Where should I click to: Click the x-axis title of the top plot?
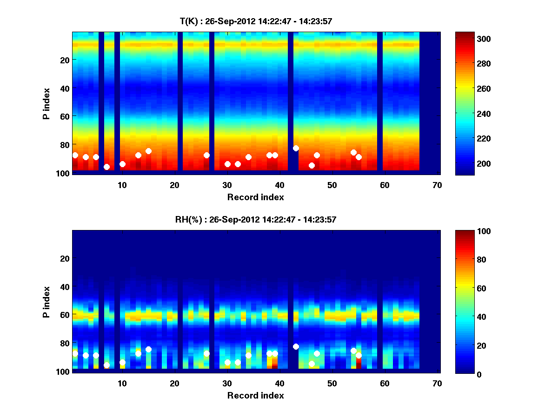255,197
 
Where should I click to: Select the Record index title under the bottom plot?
255,395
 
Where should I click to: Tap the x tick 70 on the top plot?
437,185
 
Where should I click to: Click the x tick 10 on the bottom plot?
122,383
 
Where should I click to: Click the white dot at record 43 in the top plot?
296,148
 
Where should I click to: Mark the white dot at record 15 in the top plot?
148,151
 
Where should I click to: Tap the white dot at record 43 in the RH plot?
296,346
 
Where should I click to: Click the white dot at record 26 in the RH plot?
206,353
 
